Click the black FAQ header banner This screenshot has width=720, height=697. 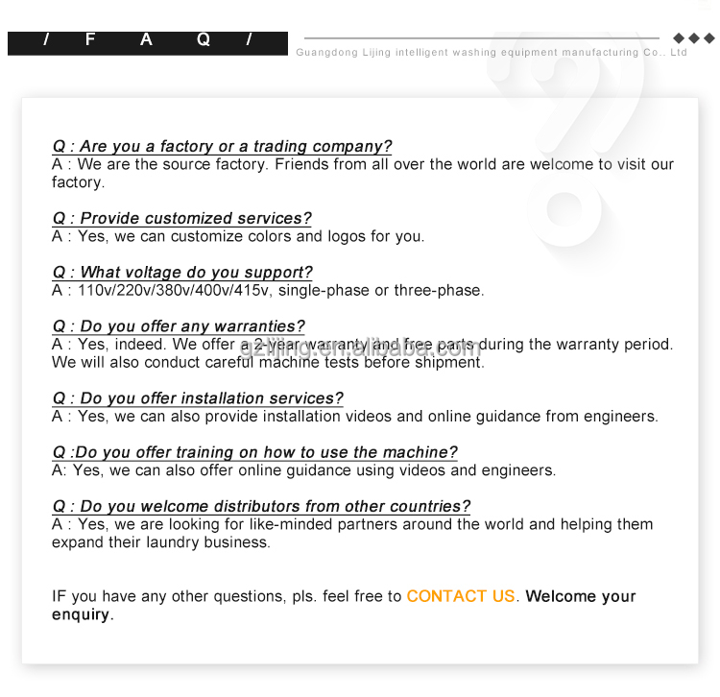[147, 41]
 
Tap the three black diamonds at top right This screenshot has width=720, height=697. [693, 38]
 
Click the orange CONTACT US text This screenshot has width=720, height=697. [461, 596]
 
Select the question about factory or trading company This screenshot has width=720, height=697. [222, 146]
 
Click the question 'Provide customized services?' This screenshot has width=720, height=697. [181, 219]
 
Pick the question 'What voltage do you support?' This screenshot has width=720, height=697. [181, 273]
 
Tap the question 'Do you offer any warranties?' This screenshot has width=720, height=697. [179, 326]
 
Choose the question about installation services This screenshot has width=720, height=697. [197, 398]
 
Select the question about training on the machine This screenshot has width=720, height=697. [254, 452]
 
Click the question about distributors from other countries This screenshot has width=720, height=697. [261, 506]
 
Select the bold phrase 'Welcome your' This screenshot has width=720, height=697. [581, 596]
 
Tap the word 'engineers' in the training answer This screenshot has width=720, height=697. [518, 470]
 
